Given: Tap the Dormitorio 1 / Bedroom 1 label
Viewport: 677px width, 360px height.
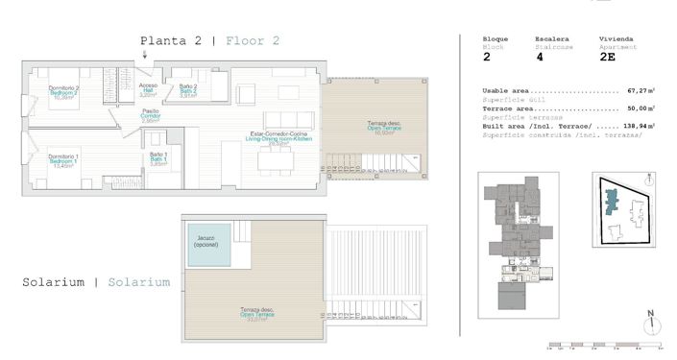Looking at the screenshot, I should [39, 159].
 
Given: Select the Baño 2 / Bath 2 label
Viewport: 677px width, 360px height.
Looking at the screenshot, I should [188, 91].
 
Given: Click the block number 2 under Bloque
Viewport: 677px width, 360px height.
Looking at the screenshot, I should [486, 58].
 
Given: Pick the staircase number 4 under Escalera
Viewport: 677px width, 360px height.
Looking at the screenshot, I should [539, 58].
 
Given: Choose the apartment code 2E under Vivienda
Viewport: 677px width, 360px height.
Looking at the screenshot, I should [607, 58].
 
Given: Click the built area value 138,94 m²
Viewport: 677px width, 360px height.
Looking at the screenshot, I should [638, 126].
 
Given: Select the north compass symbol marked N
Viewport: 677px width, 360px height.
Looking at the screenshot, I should [650, 320].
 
